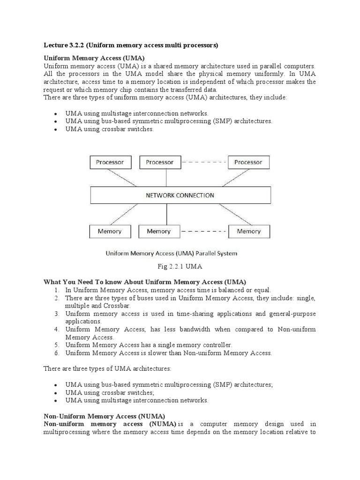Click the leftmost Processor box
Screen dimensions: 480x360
(x=110, y=162)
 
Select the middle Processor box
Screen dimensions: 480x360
(x=159, y=162)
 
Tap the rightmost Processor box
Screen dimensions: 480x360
(x=248, y=162)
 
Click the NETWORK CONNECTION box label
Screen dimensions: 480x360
(x=180, y=195)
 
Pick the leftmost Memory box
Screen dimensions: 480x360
(x=109, y=231)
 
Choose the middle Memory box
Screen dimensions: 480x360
(x=159, y=231)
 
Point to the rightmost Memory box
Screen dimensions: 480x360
(x=248, y=231)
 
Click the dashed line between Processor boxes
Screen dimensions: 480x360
(x=203, y=162)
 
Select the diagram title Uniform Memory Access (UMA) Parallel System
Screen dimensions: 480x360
(x=172, y=254)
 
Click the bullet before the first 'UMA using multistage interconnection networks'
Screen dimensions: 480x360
(x=55, y=114)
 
